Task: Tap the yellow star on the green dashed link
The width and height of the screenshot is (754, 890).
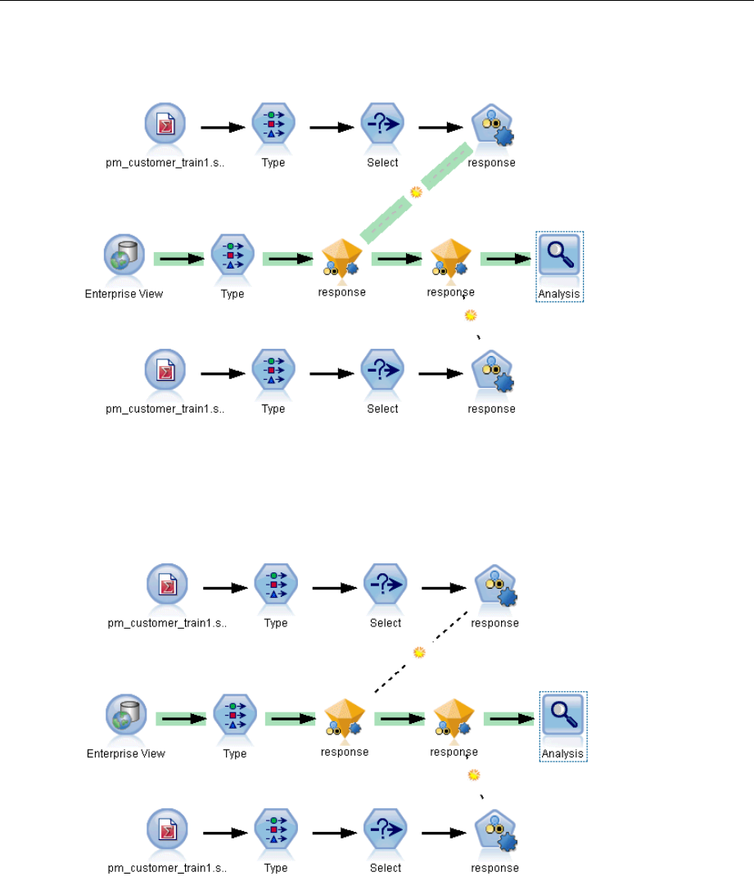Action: pyautogui.click(x=416, y=192)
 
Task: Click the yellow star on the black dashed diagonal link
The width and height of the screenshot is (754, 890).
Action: pyautogui.click(x=419, y=653)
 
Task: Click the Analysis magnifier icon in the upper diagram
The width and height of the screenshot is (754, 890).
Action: pyautogui.click(x=559, y=255)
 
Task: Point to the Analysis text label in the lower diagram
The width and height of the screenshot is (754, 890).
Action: pyautogui.click(x=562, y=753)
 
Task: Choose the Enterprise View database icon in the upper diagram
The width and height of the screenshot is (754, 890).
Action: pyautogui.click(x=124, y=255)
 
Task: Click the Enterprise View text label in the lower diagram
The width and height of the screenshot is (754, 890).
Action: pyautogui.click(x=126, y=753)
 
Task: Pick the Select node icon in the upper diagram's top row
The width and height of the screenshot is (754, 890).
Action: pyautogui.click(x=382, y=127)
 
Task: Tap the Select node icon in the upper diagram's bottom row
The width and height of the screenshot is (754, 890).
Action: pyautogui.click(x=382, y=373)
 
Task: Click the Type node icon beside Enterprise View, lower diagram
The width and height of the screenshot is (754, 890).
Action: pyautogui.click(x=234, y=717)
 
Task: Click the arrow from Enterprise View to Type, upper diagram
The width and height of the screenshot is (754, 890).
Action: pyautogui.click(x=179, y=259)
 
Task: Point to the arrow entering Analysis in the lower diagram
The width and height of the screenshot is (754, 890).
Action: pyautogui.click(x=508, y=718)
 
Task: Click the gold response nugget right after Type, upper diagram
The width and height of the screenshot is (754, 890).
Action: pyautogui.click(x=341, y=256)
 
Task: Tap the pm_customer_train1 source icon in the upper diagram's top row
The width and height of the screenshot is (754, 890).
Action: pyautogui.click(x=165, y=127)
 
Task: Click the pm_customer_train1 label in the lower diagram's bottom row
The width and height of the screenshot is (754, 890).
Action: pyautogui.click(x=167, y=868)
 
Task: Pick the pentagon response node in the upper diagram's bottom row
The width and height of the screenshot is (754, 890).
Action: pyautogui.click(x=494, y=373)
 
